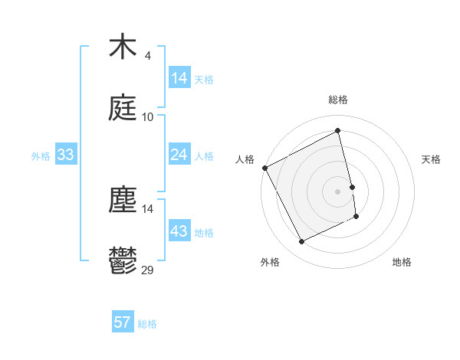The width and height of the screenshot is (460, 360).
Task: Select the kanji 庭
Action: [123, 109]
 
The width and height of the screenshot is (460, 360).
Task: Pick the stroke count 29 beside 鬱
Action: [147, 270]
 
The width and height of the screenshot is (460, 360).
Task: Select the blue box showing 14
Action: [179, 78]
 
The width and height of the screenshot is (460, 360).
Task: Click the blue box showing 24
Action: [179, 155]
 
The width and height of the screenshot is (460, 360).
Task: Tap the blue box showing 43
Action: [179, 231]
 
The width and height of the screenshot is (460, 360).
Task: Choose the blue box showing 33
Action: [66, 155]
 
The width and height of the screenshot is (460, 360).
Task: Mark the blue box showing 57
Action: [123, 322]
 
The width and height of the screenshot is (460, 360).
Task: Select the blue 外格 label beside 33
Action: [41, 156]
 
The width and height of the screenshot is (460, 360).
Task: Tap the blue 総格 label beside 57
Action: [147, 324]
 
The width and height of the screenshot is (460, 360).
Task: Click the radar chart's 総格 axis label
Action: [338, 100]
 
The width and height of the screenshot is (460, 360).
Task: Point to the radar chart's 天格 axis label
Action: [432, 159]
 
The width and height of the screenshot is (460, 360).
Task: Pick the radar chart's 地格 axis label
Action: [402, 262]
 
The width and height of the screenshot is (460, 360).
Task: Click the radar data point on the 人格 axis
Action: [265, 168]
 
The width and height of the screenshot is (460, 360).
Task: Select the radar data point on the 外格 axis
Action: [301, 242]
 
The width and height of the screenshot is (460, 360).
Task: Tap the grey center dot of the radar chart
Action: [338, 191]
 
